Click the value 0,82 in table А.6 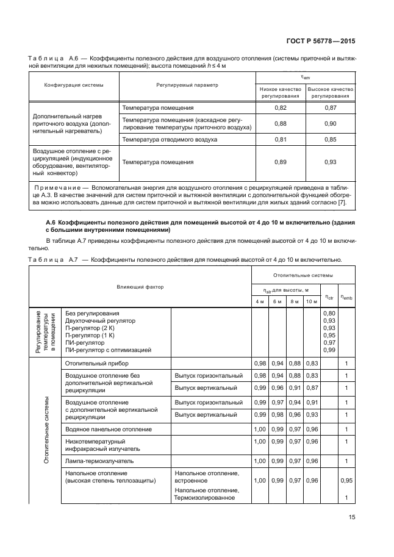coord(281,108)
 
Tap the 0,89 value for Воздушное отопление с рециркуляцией coord(281,162)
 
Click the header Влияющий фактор coord(140,286)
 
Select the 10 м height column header coord(312,301)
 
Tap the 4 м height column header coord(259,301)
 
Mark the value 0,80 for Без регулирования coord(329,314)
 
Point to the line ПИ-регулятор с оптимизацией coord(107,350)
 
